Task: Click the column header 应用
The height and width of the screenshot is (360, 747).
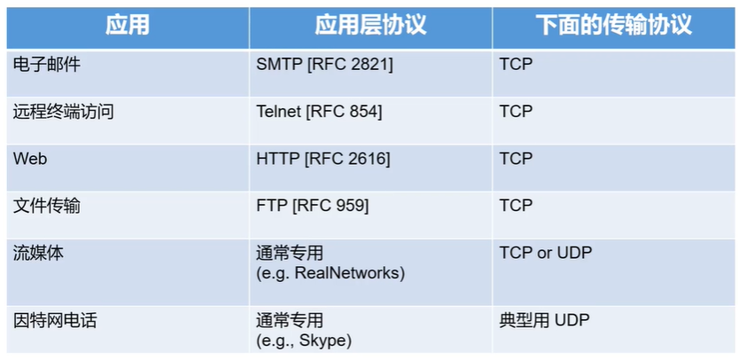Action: (128, 25)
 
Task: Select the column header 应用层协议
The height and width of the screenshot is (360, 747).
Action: (370, 25)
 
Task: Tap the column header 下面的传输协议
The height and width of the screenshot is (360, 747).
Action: (613, 25)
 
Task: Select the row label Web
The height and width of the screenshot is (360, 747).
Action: (30, 159)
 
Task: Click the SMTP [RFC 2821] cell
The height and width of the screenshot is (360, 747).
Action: (324, 65)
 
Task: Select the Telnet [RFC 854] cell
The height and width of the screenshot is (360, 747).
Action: (319, 112)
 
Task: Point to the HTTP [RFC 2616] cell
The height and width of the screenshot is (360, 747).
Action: (323, 159)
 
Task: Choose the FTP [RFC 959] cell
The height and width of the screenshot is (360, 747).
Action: (312, 206)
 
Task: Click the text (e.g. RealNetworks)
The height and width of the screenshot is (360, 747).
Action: (330, 273)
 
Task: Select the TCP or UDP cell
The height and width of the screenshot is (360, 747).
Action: (546, 253)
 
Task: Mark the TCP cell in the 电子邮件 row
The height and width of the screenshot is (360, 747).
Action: (516, 65)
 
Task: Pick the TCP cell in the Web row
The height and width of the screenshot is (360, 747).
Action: (516, 159)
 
